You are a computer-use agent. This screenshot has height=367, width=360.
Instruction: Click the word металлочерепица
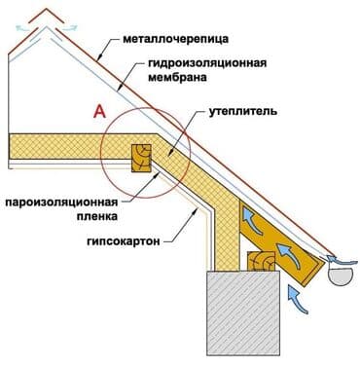(x=176, y=42)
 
